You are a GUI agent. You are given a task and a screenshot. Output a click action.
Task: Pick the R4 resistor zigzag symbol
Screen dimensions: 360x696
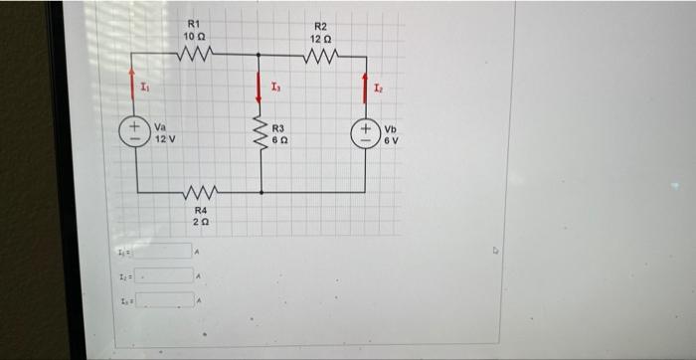199,192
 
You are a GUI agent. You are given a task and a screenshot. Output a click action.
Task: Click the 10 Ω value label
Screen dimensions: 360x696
194,36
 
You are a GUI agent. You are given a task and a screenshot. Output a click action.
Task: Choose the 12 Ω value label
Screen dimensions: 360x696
319,39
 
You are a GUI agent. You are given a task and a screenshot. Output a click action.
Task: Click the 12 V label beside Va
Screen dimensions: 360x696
164,138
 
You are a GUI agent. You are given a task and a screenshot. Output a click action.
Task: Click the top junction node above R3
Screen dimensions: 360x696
260,56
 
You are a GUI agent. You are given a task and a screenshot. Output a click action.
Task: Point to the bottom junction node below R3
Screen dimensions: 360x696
261,192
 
